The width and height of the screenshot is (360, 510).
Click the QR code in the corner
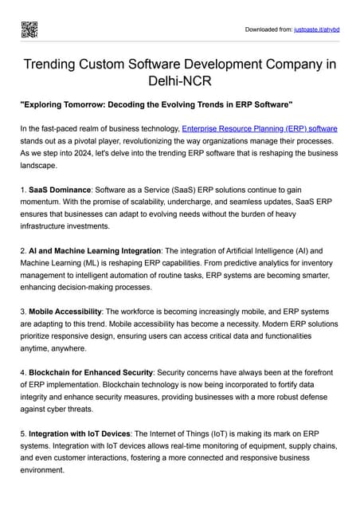pyautogui.click(x=29, y=29)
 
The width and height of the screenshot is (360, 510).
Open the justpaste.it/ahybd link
pyautogui.click(x=317, y=30)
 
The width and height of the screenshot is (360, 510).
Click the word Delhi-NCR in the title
pyautogui.click(x=180, y=81)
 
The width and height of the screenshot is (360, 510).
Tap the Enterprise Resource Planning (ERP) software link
pyautogui.click(x=260, y=128)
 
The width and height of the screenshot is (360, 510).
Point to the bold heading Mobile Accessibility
pyautogui.click(x=65, y=311)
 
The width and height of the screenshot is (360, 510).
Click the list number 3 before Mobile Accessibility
pyautogui.click(x=23, y=311)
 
